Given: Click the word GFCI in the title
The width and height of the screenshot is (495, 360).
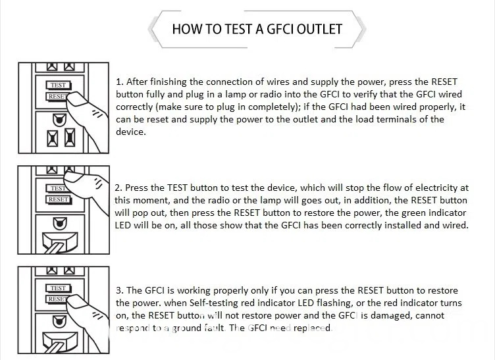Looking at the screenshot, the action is (280, 29).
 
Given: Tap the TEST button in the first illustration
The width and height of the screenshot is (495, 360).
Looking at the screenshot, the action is (59, 85).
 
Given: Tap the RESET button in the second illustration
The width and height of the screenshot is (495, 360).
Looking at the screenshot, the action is (59, 199).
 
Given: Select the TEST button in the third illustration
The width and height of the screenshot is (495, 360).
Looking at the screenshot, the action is (59, 288).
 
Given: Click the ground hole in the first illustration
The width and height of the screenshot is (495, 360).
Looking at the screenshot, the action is (59, 120).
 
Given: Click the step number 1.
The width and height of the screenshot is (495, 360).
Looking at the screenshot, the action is (119, 82).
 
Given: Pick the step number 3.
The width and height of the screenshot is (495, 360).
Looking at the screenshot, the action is (119, 291).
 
